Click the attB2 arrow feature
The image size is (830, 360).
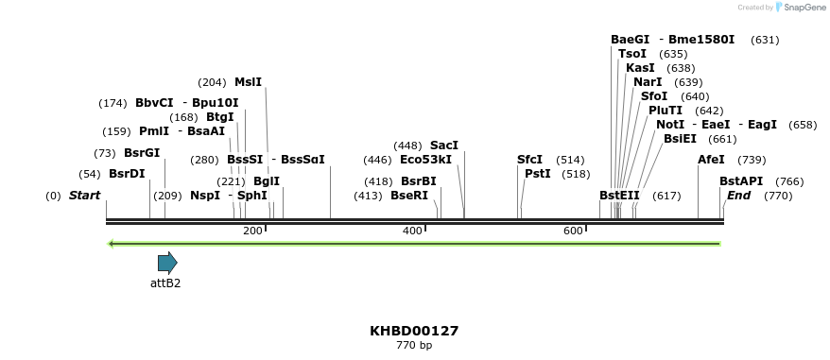click(167, 263)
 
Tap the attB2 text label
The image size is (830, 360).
click(165, 283)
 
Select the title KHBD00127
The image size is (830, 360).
click(414, 331)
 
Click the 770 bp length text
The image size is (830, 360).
click(414, 346)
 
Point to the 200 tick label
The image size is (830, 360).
click(252, 231)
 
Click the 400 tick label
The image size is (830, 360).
click(413, 231)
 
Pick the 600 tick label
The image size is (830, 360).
click(573, 231)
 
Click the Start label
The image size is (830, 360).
click(84, 196)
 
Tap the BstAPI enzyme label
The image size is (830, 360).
click(741, 181)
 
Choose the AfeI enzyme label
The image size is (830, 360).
click(711, 160)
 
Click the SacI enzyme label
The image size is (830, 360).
click(444, 146)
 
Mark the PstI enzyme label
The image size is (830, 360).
click(538, 174)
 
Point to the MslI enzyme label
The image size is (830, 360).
click(248, 82)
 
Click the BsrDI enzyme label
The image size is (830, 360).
click(127, 174)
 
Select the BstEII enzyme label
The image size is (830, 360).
click(619, 196)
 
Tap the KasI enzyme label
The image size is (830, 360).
click(640, 68)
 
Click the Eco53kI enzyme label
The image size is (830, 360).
click(426, 160)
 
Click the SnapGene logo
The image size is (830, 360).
click(800, 8)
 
